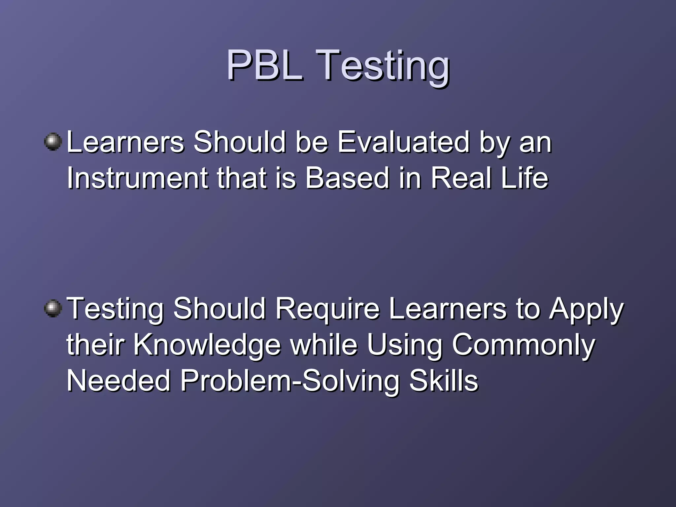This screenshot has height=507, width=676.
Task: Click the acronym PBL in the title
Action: pos(264,65)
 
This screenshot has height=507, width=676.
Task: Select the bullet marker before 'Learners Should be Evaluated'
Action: pos(53,142)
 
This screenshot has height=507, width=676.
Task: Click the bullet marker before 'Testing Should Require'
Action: pos(53,309)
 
